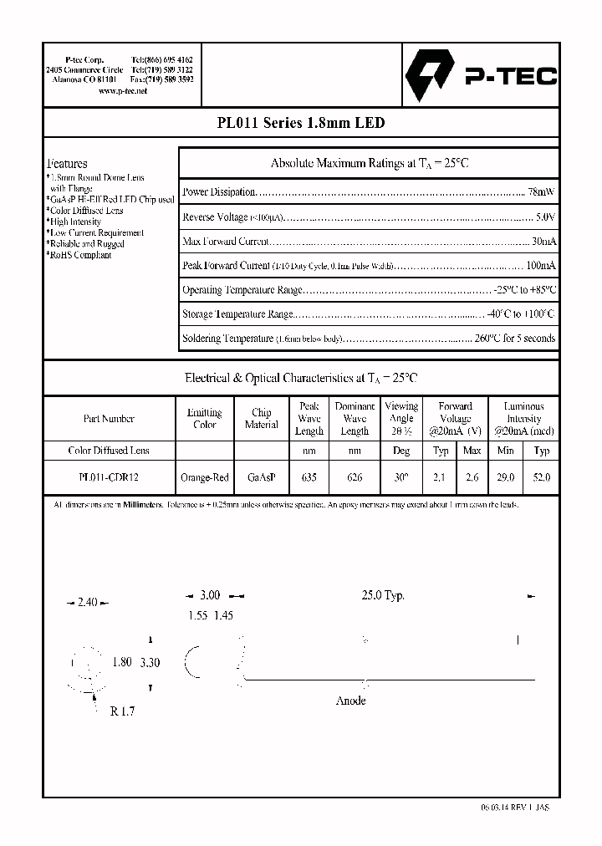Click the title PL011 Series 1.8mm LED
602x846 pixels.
click(300, 123)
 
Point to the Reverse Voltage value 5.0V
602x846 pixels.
click(544, 217)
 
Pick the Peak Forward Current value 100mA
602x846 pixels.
click(539, 266)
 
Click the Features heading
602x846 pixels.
click(67, 164)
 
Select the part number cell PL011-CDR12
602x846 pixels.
click(109, 478)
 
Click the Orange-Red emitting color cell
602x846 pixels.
click(204, 478)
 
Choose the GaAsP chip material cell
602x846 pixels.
click(261, 478)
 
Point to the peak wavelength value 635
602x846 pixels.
click(309, 478)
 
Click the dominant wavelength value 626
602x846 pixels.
click(355, 478)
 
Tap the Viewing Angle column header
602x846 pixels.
click(401, 418)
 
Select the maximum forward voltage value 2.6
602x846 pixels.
click(472, 478)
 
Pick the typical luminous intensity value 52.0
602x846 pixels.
click(541, 478)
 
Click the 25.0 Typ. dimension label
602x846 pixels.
click(382, 595)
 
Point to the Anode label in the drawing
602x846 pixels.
click(350, 701)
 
